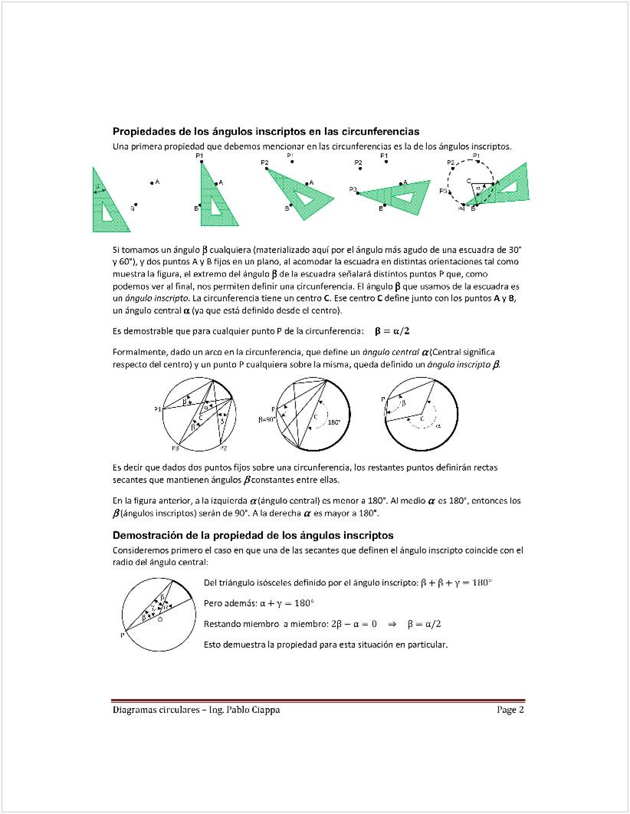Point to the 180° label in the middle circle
click(335, 422)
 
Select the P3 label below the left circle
click(175, 448)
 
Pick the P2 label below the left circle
click(223, 447)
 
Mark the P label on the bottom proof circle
click(121, 635)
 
